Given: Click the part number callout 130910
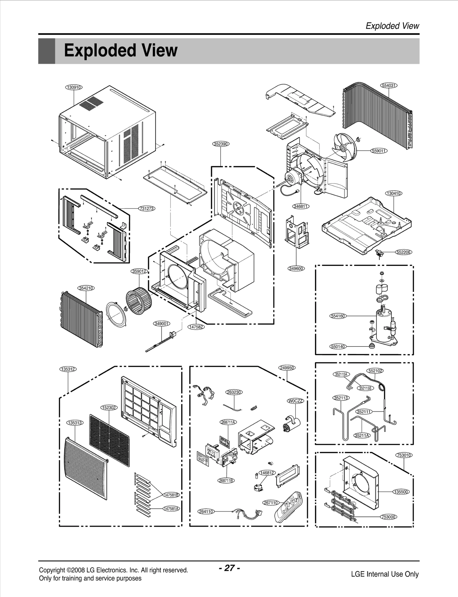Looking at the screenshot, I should pyautogui.click(x=74, y=87).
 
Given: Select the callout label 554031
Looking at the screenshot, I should pyautogui.click(x=389, y=85).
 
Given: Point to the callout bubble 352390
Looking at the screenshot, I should pyautogui.click(x=221, y=144).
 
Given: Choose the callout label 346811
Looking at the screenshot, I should pyautogui.click(x=301, y=206).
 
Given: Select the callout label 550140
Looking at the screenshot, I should pyautogui.click(x=338, y=346).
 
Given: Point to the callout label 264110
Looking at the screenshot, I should pyautogui.click(x=206, y=511).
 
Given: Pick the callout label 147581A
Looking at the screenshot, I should pyautogui.click(x=171, y=508).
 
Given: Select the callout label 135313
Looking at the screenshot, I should pyautogui.click(x=75, y=423).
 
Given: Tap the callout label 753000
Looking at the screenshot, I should pyautogui.click(x=388, y=517).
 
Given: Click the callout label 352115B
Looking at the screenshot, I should pyautogui.click(x=366, y=388).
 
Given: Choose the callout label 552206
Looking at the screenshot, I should pyautogui.click(x=404, y=252).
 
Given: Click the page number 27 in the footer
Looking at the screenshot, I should pyautogui.click(x=229, y=568).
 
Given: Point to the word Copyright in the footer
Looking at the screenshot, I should pyautogui.click(x=52, y=570).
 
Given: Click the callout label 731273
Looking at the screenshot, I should pyautogui.click(x=147, y=209).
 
